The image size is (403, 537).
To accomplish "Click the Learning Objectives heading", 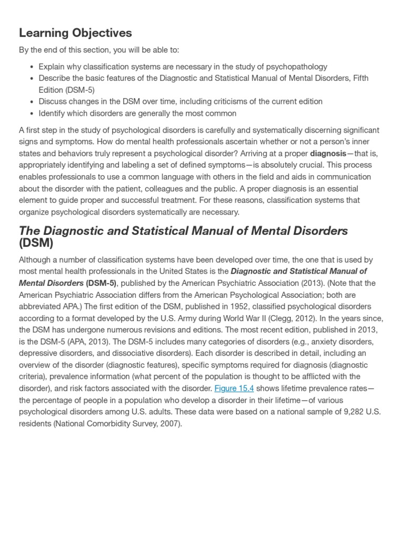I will pyautogui.click(x=75, y=33).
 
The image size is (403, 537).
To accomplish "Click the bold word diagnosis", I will pyautogui.click(x=328, y=154).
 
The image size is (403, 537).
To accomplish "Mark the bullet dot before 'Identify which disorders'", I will pyautogui.click(x=32, y=113).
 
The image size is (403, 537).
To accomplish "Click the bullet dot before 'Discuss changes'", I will pyautogui.click(x=32, y=102).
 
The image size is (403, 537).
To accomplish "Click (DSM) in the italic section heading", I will pyautogui.click(x=36, y=243).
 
